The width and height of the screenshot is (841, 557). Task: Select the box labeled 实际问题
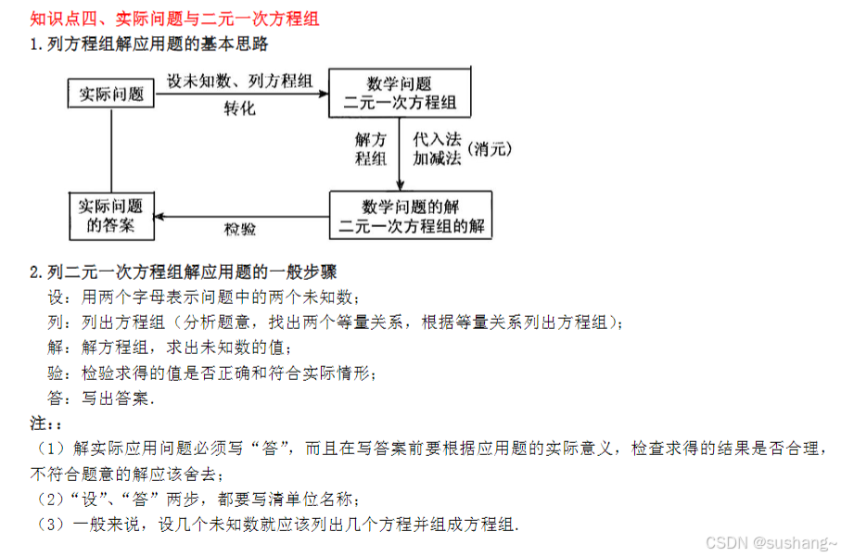coord(110,94)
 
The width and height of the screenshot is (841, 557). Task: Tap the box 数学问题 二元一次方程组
coord(399,93)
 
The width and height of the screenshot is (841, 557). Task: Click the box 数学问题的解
coord(411,215)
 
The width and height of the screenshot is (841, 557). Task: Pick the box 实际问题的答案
coord(110,215)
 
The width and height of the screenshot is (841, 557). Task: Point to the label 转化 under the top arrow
coord(239,108)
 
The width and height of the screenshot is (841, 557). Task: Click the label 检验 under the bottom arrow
coord(240,229)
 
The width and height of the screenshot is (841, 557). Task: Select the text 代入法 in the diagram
coord(437,139)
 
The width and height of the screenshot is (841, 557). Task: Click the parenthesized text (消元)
coord(490,148)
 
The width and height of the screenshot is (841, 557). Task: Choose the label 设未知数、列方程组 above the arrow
coord(238,81)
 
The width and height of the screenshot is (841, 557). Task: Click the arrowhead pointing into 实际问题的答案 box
coord(159,216)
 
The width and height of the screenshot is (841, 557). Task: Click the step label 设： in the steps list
coord(57,297)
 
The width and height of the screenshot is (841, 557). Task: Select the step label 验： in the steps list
coord(57,373)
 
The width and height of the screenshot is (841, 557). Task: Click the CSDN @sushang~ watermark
coord(771,542)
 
